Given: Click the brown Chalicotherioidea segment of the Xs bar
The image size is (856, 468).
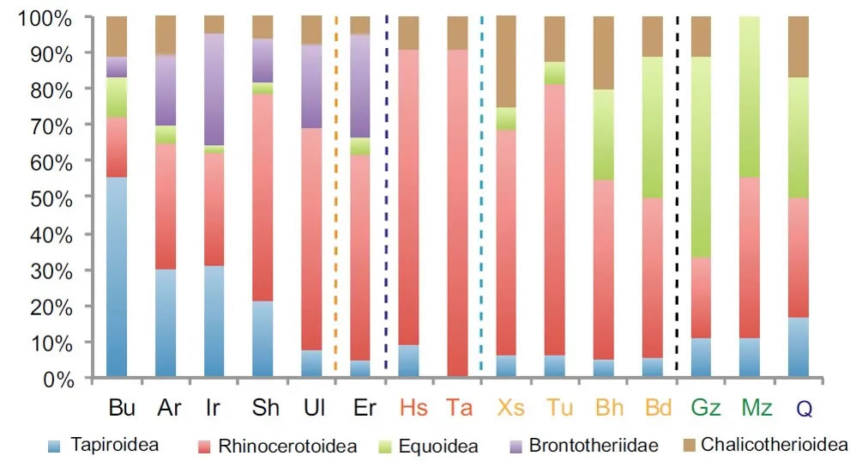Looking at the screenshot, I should click(506, 62).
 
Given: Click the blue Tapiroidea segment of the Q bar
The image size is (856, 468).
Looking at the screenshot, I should click(799, 347).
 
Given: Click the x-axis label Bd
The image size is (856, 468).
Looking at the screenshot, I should click(654, 408).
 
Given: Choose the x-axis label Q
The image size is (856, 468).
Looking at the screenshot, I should click(803, 409).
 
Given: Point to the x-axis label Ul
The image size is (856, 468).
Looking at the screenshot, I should click(314, 408).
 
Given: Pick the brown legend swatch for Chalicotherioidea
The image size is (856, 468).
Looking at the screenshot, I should click(685, 446).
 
